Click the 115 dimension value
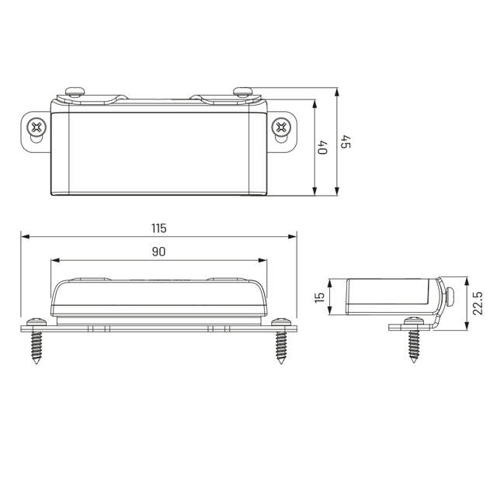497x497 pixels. pos(158,228)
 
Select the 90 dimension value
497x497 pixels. pos(158,252)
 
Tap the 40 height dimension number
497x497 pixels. pos(323,147)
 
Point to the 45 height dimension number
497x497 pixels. pos(346,141)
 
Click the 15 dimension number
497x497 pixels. pos(320,297)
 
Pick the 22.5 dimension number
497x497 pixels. pos(478,303)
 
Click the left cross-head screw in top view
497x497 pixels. pos(36,127)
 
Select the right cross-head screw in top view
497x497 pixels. pos(281,127)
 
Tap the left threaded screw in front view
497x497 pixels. pos(36,341)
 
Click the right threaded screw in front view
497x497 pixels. pos(281,341)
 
